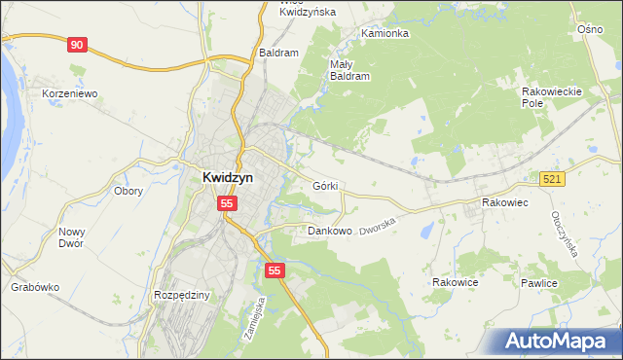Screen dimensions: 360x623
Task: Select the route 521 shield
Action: tap(553, 179)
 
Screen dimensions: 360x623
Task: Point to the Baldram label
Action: tap(278, 53)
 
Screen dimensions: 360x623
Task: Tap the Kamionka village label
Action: tap(385, 33)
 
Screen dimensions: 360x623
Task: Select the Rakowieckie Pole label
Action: tap(552, 96)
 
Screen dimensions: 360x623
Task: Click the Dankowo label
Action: tap(329, 232)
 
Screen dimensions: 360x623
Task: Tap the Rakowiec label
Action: tap(504, 202)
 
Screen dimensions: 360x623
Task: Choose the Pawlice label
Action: tap(537, 283)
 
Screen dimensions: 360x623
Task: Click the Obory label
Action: tap(128, 191)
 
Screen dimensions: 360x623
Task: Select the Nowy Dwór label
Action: tap(71, 237)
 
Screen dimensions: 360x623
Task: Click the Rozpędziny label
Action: tap(182, 294)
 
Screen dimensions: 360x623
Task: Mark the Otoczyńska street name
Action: tap(565, 234)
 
